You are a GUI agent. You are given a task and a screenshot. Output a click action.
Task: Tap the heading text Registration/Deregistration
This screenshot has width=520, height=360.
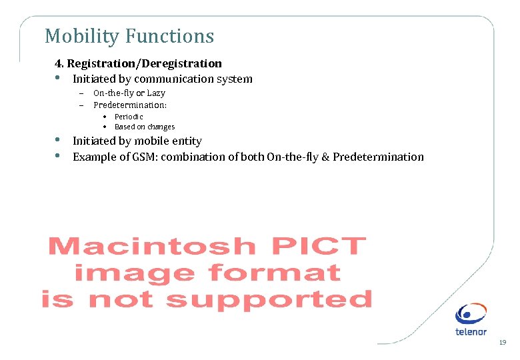pyautogui.click(x=145, y=63)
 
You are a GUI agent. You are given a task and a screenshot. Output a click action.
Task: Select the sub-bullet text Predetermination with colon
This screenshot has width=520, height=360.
pyautogui.click(x=130, y=105)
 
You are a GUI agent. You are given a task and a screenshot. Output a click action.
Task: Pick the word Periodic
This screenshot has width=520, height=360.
pyautogui.click(x=129, y=117)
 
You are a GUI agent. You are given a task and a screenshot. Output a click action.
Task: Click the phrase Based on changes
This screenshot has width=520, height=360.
pyautogui.click(x=145, y=127)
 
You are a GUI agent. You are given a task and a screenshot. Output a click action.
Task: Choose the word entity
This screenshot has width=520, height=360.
pyautogui.click(x=185, y=141)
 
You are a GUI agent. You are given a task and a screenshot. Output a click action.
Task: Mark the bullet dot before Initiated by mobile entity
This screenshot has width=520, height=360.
pyautogui.click(x=57, y=141)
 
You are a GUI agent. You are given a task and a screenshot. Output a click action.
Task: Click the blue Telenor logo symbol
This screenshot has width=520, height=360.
pyautogui.click(x=471, y=315)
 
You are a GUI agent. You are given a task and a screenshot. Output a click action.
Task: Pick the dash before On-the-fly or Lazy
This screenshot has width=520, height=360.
pyautogui.click(x=80, y=93)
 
